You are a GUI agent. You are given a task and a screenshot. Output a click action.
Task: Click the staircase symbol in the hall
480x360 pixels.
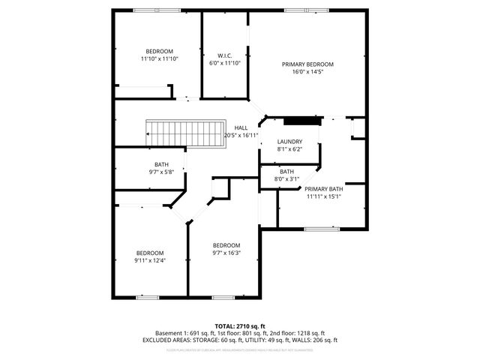coord(187,134)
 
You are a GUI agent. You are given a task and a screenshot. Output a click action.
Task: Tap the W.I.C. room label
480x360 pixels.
coord(225,55)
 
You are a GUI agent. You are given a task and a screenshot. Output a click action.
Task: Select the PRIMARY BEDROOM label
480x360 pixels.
coord(307,64)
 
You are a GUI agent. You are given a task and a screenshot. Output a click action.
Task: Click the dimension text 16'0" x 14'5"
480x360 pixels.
coord(307,73)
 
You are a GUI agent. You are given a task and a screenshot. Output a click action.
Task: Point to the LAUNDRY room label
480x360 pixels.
coord(289,142)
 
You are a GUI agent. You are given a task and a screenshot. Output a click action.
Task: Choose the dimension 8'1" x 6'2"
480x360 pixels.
coord(289,150)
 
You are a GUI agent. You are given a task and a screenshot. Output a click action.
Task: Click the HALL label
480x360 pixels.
coord(241,127)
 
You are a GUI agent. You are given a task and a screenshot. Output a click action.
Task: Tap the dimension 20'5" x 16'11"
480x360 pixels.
coord(241,136)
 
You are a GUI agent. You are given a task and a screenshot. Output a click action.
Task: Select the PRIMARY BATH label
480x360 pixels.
coord(324,189)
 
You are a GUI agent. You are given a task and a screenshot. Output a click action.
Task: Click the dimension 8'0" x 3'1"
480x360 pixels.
coord(287,179)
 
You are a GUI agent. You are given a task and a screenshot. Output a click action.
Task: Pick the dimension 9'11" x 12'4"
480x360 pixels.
coord(149,261)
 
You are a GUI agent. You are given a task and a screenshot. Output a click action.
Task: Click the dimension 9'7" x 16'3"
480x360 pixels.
coord(226,253)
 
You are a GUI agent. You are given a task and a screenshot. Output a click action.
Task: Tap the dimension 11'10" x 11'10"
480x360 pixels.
coord(159,59)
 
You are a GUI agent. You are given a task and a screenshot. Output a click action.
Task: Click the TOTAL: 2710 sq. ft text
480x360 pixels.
coord(240,326)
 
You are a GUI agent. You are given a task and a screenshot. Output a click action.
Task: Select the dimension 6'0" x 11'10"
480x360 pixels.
coord(225,64)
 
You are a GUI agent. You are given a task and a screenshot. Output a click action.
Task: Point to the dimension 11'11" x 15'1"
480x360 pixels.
coord(324,197)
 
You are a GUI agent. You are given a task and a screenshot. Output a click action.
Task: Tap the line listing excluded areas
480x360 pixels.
coord(240,340)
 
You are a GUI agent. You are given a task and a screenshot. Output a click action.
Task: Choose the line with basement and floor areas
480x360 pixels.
coord(240,333)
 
